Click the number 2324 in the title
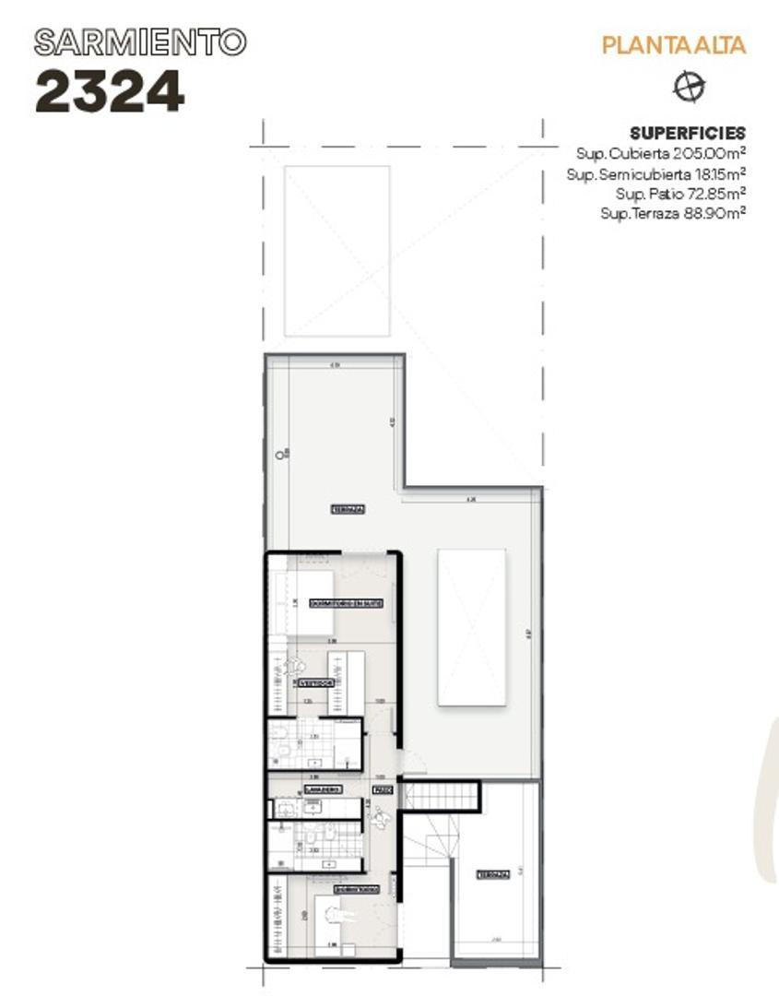pos(110,91)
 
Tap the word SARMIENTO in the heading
pos(140,41)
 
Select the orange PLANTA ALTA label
pos(673,44)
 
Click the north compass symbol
pos(689,87)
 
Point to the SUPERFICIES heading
pos(687,133)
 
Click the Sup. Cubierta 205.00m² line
pos(660,152)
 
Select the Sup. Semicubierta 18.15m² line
pos(655,172)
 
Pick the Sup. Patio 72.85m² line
pos(679,193)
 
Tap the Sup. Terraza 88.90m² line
pos(672,213)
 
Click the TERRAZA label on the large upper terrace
pos(348,509)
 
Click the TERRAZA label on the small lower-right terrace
pos(491,874)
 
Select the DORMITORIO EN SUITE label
pos(346,603)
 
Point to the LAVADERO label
pos(323,789)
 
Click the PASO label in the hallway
pos(382,790)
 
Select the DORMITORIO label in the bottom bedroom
pos(356,890)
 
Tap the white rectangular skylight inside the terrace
pos(471,627)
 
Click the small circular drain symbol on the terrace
pos(277,454)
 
